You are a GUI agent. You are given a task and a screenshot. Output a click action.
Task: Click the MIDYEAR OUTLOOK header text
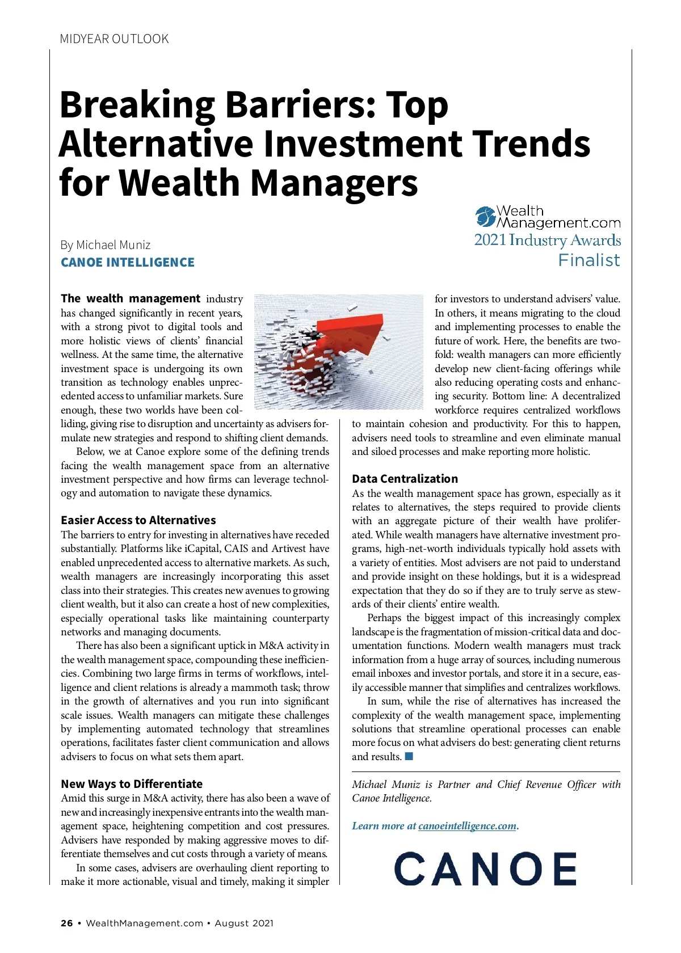click(x=114, y=39)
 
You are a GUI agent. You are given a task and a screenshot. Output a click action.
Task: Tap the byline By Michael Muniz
click(x=106, y=245)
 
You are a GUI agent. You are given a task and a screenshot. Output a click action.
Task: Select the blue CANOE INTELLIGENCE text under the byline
click(x=128, y=263)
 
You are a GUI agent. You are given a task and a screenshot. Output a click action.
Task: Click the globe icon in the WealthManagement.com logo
click(x=485, y=216)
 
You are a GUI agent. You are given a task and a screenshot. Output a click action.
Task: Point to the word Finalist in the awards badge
click(x=589, y=260)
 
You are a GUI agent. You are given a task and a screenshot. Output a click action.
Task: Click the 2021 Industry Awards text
click(x=548, y=240)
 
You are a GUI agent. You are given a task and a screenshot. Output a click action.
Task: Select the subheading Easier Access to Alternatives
click(x=138, y=520)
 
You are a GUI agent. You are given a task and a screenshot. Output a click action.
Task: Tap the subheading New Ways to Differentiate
click(x=132, y=784)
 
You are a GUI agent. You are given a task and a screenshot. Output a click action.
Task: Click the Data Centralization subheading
click(x=405, y=479)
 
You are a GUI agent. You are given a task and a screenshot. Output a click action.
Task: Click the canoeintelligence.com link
click(x=467, y=826)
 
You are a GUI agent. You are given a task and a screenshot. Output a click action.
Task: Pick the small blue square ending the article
click(x=409, y=757)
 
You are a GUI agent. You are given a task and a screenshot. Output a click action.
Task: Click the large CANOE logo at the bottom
click(x=485, y=868)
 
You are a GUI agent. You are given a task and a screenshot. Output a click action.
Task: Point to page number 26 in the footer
click(x=67, y=924)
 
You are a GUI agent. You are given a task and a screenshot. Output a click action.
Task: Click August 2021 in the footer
click(x=244, y=924)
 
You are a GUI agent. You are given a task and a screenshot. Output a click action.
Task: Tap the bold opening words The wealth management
click(x=131, y=299)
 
